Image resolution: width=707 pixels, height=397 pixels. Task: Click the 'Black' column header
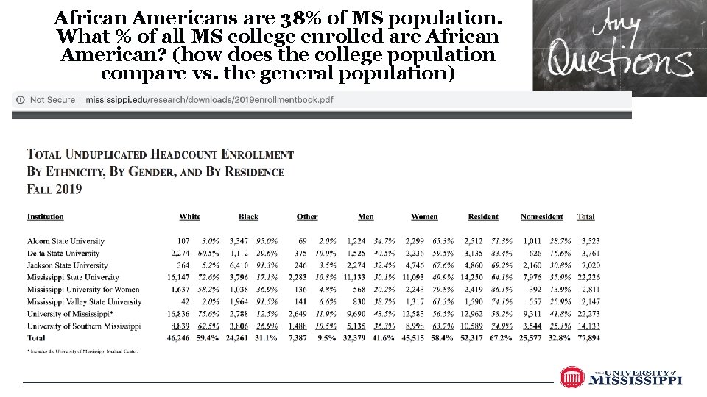(x=248, y=217)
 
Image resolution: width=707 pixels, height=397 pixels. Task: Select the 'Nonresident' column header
(x=541, y=217)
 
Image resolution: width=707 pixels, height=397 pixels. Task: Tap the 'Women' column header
(x=424, y=217)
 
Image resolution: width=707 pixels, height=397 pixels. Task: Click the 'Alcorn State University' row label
(x=66, y=241)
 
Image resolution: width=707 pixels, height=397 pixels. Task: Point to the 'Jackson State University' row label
(x=67, y=265)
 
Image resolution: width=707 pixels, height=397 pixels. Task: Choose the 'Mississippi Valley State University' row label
(x=84, y=301)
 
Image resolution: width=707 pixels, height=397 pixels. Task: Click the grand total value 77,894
(x=586, y=338)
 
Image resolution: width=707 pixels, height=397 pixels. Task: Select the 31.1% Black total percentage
(x=265, y=338)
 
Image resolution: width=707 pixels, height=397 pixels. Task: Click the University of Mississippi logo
(x=621, y=377)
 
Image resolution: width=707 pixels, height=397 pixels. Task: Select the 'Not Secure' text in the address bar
(x=52, y=100)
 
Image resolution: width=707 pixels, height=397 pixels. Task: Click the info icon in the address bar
(x=20, y=100)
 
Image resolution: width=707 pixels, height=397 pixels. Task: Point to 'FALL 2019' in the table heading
(x=54, y=189)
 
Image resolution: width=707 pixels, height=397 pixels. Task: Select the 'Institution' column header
(x=46, y=217)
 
